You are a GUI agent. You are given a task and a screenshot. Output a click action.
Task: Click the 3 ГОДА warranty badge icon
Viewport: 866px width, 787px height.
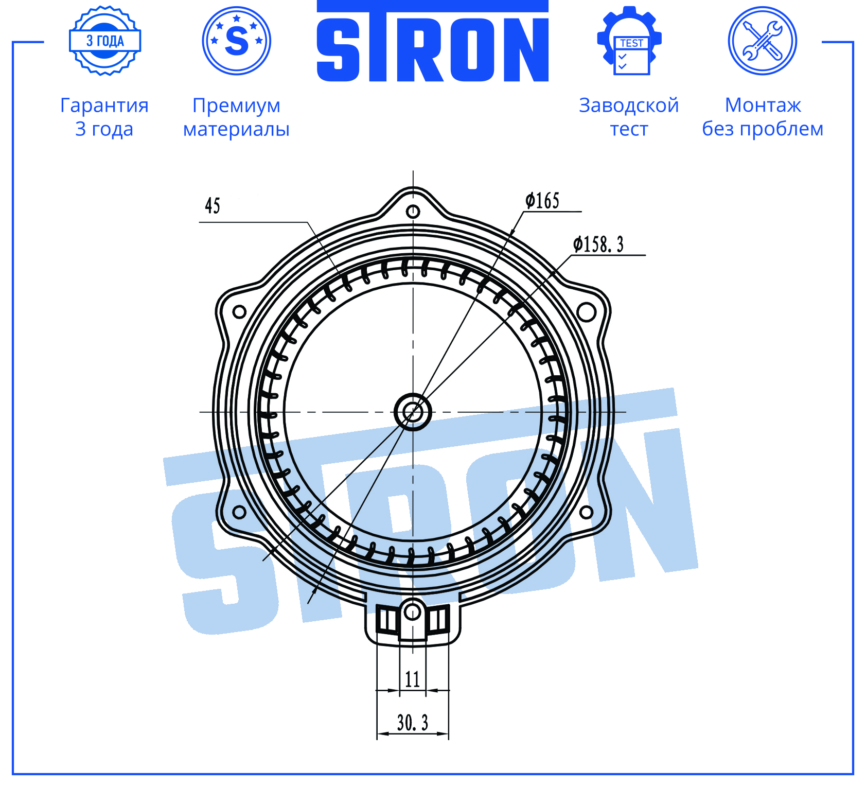(x=105, y=41)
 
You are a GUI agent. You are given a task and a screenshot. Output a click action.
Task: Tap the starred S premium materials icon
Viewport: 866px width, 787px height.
(x=237, y=41)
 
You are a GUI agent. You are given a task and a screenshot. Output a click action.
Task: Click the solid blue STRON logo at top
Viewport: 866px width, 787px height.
(x=432, y=41)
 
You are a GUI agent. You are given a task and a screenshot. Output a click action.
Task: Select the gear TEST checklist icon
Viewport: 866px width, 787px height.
(x=629, y=41)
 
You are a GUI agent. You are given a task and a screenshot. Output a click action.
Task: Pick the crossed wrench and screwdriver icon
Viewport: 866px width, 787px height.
(x=763, y=41)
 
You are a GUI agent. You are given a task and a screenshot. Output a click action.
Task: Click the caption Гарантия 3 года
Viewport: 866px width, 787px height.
(x=104, y=117)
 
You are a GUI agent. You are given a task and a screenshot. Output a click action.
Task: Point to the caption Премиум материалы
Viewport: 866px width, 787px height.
(x=237, y=117)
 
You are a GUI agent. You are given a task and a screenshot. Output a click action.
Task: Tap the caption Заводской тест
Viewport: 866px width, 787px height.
(x=629, y=117)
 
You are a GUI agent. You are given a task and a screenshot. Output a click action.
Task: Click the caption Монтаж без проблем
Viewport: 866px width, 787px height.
(x=763, y=117)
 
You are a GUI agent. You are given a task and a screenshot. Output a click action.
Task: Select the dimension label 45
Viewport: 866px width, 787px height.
(x=213, y=206)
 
